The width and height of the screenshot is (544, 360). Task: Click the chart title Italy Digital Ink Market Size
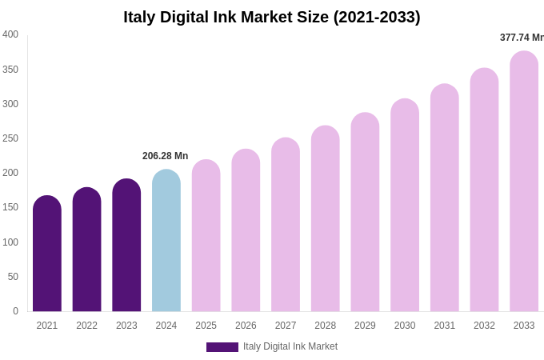[272, 17]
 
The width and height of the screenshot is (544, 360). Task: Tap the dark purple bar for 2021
[47, 254]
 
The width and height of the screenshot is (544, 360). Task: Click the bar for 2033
[524, 182]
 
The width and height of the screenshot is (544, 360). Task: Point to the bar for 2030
[405, 206]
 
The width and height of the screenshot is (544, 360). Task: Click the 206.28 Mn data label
[166, 156]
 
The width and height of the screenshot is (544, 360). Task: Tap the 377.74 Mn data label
[522, 38]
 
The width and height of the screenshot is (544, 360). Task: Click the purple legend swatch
[222, 347]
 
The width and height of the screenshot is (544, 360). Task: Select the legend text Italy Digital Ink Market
[290, 346]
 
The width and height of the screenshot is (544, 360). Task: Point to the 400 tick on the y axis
[10, 34]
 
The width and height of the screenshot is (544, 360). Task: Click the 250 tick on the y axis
[10, 138]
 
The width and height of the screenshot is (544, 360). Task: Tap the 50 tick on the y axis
[13, 277]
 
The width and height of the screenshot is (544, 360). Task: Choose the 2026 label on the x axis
[246, 326]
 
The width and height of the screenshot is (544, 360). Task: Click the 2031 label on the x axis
[445, 326]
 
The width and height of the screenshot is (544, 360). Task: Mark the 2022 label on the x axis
[87, 326]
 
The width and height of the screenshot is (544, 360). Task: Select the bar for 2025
[206, 236]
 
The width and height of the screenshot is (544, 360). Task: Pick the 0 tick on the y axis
[15, 311]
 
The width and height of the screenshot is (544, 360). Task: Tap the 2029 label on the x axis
[365, 326]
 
